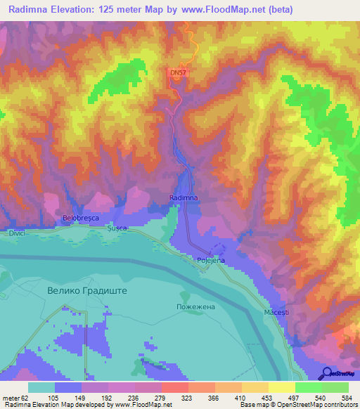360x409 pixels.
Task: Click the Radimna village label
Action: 184,199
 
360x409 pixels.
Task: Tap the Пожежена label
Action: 194,308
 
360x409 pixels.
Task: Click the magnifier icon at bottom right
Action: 326,373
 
